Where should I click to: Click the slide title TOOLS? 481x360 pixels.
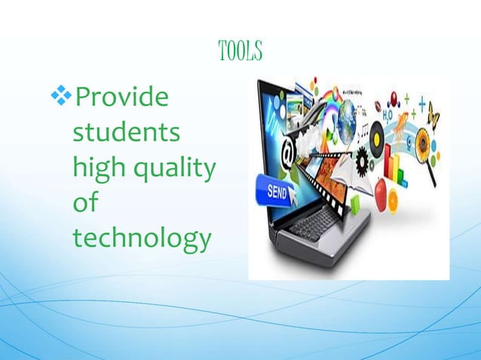pyautogui.click(x=239, y=51)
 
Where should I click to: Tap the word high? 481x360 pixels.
pyautogui.click(x=94, y=169)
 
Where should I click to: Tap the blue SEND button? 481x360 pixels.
pyautogui.click(x=276, y=191)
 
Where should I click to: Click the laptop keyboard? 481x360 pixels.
pyautogui.click(x=314, y=221)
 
